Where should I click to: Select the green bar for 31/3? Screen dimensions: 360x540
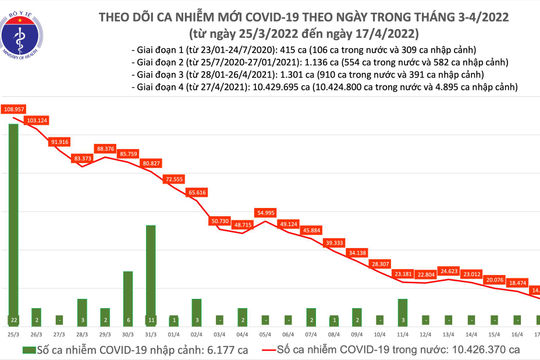(150, 270)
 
